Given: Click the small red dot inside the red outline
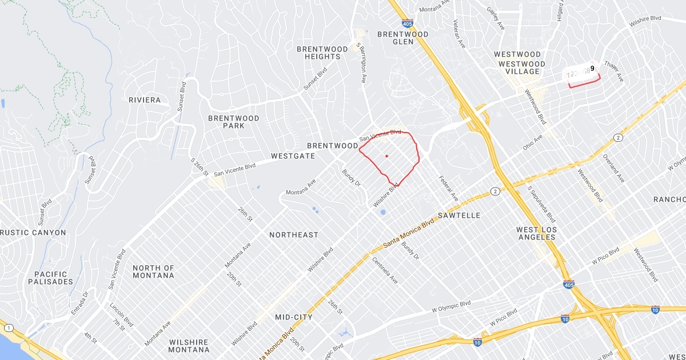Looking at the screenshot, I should pos(386,156).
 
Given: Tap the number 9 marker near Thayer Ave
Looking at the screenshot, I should pos(592,69).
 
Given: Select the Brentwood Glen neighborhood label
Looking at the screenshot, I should pos(403,38).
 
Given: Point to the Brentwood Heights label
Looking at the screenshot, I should pos(322,53).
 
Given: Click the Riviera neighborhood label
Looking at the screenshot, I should pos(145,100).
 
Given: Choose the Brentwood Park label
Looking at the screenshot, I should pos(233,122).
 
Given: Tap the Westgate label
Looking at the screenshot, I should pos(293,155).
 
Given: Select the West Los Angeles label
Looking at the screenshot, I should pos(536,233).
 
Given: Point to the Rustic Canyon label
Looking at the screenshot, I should pos(34,233).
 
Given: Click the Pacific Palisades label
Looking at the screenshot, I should pos(50,278).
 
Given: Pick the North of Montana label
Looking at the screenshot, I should pos(153,271).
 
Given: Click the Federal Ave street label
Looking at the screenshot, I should pos(449,188).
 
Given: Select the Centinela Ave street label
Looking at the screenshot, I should pos(385,271).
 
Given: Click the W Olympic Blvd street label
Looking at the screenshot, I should pos(451,306).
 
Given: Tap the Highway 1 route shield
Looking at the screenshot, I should pos(9,328).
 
